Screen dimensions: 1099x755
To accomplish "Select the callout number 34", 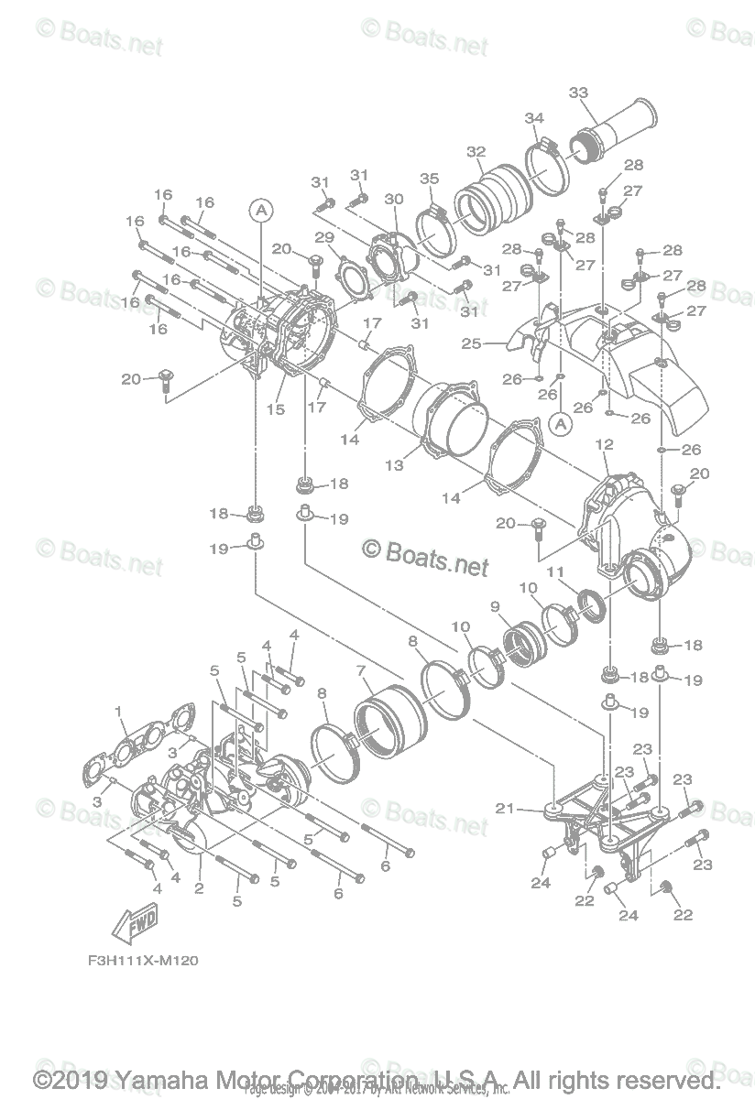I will (534, 118).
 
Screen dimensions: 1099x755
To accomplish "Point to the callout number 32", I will (476, 152).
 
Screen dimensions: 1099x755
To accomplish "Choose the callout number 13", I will (394, 465).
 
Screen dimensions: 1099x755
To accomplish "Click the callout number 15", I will (276, 409).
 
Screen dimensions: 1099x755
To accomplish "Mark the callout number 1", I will (118, 712).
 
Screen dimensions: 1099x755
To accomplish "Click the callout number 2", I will (198, 887).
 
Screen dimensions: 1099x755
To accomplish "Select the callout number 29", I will (323, 237).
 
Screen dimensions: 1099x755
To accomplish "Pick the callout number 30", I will (393, 199).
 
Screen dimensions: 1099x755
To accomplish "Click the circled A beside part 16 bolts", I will (261, 211).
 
